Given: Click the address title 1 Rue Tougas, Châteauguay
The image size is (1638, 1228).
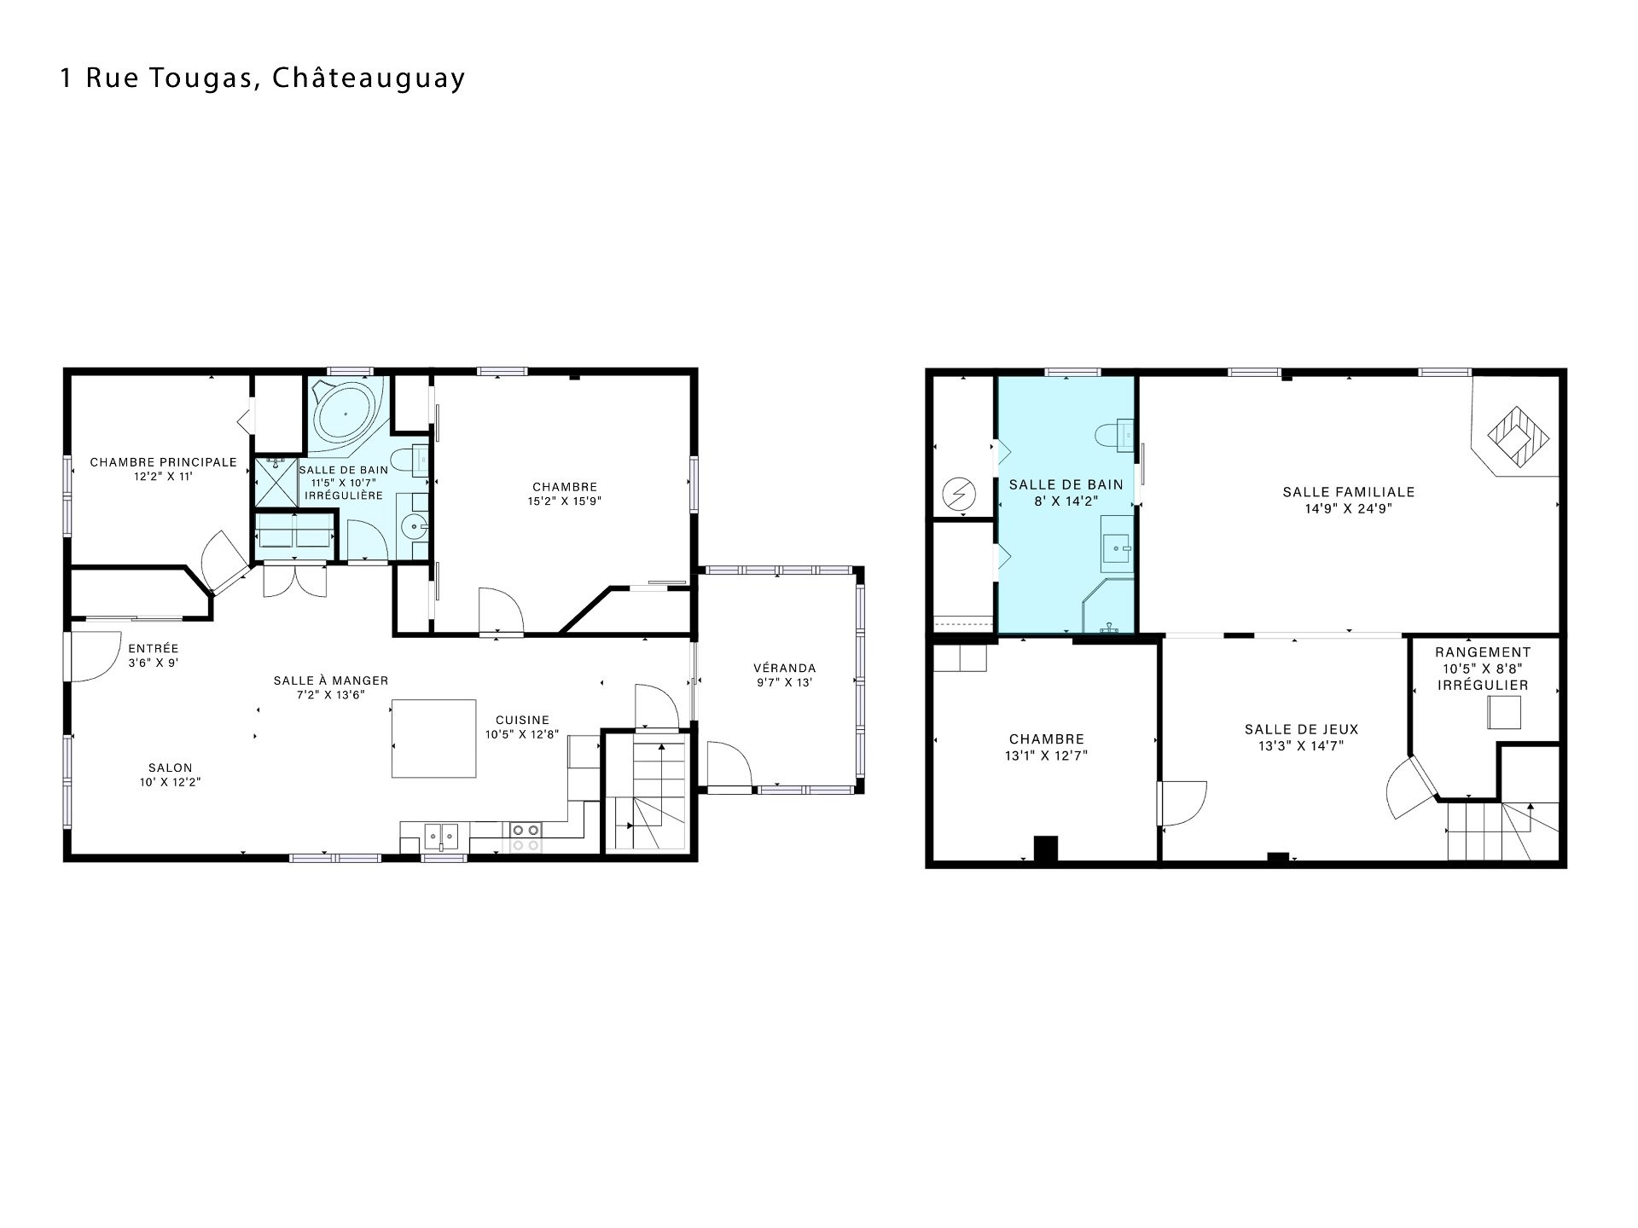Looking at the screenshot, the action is pyautogui.click(x=263, y=78).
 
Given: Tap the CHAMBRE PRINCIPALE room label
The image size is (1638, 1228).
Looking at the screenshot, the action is pyautogui.click(x=164, y=462).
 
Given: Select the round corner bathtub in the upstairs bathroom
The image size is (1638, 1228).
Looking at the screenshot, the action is pyautogui.click(x=346, y=413).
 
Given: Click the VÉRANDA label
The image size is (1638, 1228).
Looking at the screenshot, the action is pyautogui.click(x=785, y=668).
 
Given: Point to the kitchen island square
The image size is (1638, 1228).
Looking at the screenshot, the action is pyautogui.click(x=433, y=739).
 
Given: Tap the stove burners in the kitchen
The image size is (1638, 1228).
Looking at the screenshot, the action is pyautogui.click(x=526, y=837).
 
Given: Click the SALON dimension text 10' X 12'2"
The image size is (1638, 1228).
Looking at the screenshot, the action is pyautogui.click(x=170, y=781).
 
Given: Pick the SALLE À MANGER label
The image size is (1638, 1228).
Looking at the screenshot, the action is pyautogui.click(x=331, y=681).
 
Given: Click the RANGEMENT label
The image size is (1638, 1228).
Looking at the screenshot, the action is pyautogui.click(x=1483, y=652).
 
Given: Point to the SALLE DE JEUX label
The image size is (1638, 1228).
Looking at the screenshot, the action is pyautogui.click(x=1301, y=729).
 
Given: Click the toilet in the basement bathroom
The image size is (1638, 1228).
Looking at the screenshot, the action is pyautogui.click(x=1115, y=434).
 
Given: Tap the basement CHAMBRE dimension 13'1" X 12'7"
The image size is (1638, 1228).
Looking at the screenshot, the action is pyautogui.click(x=1047, y=755).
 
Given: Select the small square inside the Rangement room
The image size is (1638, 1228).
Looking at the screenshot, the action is pyautogui.click(x=1505, y=712).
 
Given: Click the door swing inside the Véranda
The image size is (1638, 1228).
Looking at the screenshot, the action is pyautogui.click(x=729, y=763).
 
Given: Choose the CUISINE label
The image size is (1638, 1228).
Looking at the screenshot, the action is pyautogui.click(x=523, y=720).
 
